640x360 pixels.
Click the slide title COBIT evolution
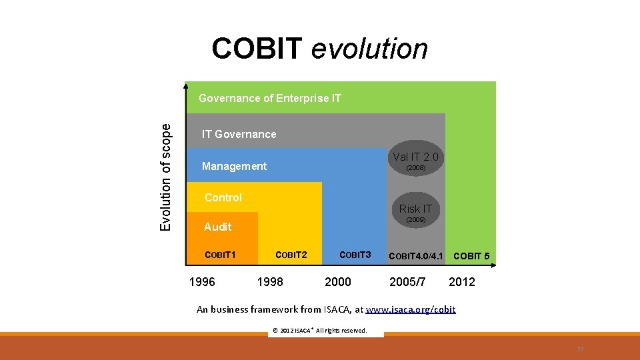coord(319,49)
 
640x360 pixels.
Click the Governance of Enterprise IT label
coord(270,98)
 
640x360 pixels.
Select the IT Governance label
coord(239,134)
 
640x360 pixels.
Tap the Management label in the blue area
coord(234,166)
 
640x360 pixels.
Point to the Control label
coord(223,197)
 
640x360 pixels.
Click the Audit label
coord(217,227)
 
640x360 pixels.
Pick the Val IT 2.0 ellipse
coord(416,161)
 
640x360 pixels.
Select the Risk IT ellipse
coord(415,212)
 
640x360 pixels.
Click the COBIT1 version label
coord(221,255)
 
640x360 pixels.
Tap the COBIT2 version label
coord(291,255)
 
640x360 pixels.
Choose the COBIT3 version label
coord(355,255)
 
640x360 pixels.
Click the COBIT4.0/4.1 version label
coord(415,256)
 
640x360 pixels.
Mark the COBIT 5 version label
coord(471,256)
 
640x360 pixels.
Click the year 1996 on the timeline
coord(202,282)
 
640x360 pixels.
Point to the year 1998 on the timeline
coord(270,282)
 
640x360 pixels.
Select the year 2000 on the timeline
coord(337,282)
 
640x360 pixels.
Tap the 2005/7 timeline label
coord(407,282)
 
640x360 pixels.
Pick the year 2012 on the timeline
coord(462,282)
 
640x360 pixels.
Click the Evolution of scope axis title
coord(166,177)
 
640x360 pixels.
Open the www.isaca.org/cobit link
coord(411,309)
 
